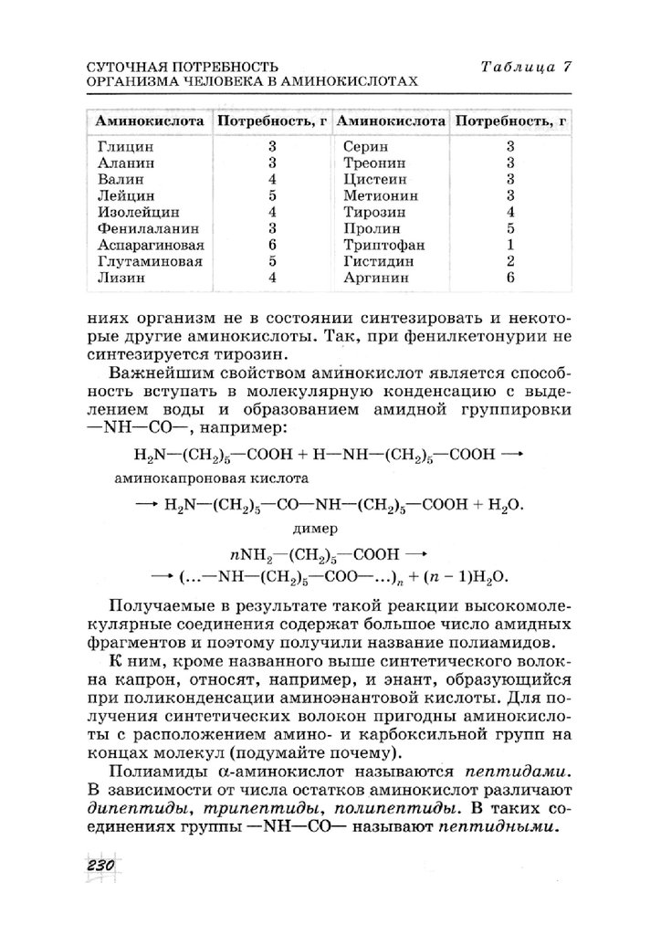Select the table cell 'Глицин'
[x=125, y=146]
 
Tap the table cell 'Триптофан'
[x=379, y=245]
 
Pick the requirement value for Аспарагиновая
[x=272, y=245]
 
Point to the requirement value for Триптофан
[x=510, y=245]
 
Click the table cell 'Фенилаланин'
[x=142, y=228]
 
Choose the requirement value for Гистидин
[x=510, y=261]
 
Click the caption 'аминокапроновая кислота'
[x=212, y=478]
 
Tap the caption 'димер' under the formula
[x=314, y=528]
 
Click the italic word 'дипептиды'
[x=130, y=809]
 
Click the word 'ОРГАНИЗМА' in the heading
[x=129, y=80]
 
